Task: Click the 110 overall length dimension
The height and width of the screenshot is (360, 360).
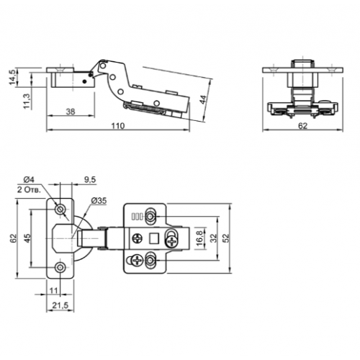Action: (x=118, y=126)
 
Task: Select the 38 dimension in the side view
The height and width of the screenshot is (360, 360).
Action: (x=71, y=112)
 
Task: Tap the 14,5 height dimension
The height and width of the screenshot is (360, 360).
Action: (x=13, y=77)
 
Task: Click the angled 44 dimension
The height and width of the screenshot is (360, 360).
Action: (x=203, y=99)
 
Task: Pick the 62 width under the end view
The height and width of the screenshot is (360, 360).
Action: (x=302, y=126)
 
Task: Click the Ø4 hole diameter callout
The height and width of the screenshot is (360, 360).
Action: (x=29, y=179)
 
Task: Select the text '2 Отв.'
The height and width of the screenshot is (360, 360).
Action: (x=29, y=190)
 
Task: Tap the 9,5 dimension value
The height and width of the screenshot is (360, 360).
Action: (x=90, y=179)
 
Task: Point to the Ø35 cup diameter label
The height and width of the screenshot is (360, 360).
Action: (x=99, y=201)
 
